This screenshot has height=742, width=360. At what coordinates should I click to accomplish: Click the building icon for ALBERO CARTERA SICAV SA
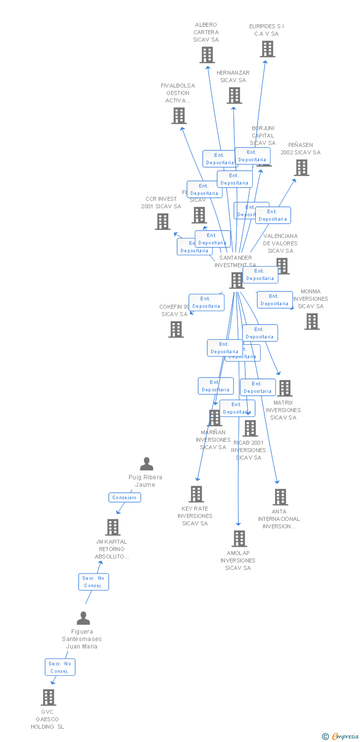(207, 55)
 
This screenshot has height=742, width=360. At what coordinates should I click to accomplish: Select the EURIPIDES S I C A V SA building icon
(268, 49)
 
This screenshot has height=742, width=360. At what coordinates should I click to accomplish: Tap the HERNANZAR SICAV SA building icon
(234, 95)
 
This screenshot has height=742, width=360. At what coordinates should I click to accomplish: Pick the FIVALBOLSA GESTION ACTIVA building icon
(179, 116)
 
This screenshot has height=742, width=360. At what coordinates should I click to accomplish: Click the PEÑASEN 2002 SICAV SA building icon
(301, 168)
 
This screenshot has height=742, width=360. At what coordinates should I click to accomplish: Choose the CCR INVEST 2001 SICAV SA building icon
(163, 222)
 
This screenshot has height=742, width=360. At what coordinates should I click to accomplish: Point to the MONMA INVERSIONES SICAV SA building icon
(312, 322)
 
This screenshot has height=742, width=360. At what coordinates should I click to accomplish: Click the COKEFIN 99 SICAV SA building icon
(176, 329)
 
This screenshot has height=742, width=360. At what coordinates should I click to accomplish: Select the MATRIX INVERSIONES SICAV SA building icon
(284, 388)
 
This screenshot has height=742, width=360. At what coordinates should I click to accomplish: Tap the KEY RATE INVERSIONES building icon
(196, 494)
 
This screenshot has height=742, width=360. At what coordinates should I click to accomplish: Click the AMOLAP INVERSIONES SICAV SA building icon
(239, 538)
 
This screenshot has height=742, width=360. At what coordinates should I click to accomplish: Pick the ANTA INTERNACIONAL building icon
(280, 497)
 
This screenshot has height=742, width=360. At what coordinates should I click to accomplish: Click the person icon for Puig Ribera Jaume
(146, 464)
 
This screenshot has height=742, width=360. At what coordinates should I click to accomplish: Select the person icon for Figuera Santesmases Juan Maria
(83, 618)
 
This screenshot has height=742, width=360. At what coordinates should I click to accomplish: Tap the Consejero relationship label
(125, 498)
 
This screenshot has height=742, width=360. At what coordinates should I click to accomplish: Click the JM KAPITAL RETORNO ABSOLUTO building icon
(113, 527)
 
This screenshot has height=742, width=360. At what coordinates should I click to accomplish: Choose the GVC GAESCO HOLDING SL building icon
(48, 697)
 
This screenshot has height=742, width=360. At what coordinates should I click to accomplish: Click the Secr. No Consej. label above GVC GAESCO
(60, 667)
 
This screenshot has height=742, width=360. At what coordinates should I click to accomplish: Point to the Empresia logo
(341, 737)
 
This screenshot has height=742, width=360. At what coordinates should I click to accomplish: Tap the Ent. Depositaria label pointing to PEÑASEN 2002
(272, 215)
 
